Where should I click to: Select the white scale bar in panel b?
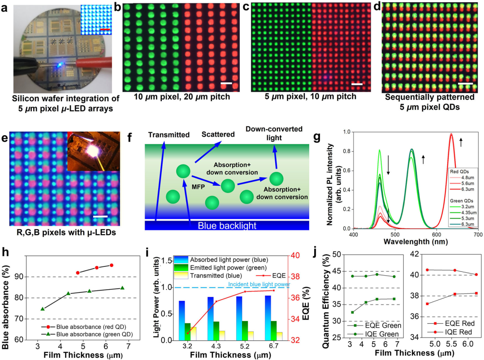(226, 83)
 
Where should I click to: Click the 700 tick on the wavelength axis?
(478, 234)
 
